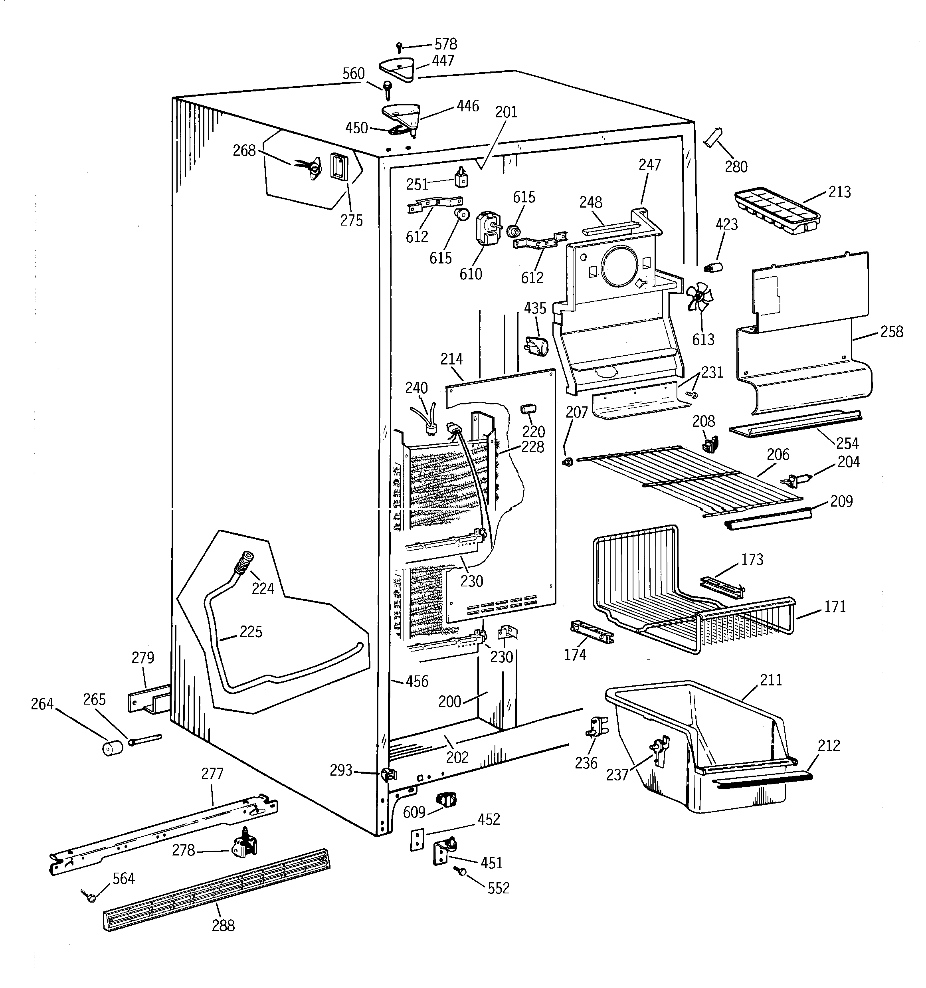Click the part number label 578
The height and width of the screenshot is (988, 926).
pos(445,44)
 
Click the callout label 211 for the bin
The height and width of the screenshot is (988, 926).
pos(771,679)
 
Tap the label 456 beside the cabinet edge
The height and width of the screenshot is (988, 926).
pos(417,681)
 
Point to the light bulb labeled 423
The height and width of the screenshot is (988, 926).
pos(714,266)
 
